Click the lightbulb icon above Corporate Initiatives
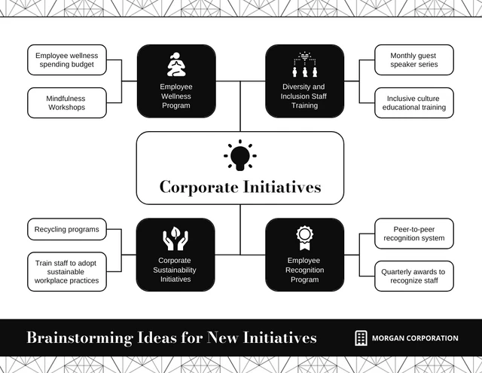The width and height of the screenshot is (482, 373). (240, 155)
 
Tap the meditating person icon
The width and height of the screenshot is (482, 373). (176, 64)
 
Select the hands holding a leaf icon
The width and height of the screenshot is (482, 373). (175, 238)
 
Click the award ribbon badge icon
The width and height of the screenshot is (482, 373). (304, 237)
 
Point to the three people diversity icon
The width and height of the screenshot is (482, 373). (304, 64)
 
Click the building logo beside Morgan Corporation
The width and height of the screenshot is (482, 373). (361, 338)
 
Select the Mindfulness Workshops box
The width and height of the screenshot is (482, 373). (67, 102)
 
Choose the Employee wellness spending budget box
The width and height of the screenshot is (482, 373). (67, 60)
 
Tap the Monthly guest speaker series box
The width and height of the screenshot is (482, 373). (414, 60)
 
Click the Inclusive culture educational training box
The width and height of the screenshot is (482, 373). (414, 102)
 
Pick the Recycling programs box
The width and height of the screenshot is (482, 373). (67, 229)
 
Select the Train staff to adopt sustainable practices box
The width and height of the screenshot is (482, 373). (67, 272)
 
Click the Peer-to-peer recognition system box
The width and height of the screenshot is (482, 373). (414, 234)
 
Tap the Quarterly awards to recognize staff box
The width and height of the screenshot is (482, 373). (414, 276)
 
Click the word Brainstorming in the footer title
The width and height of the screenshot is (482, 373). (80, 338)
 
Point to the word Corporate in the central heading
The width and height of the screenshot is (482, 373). (199, 187)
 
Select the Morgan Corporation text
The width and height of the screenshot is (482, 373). (415, 338)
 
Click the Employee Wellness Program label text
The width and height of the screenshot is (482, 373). (176, 96)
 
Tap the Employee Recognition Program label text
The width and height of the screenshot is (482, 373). (304, 270)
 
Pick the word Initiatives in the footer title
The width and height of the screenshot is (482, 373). (279, 338)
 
